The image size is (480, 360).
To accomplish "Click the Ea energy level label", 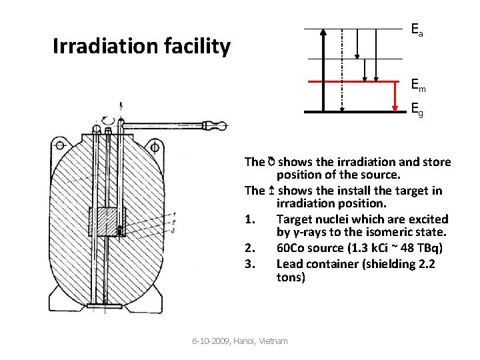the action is point(416,30).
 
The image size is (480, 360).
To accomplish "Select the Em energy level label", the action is point(418,85).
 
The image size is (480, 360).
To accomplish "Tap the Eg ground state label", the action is point(416,108).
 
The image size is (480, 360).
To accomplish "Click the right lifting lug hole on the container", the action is point(158,145).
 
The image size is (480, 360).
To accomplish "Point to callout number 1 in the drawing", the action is point(173,213).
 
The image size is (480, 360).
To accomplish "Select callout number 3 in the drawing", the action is point(173,230).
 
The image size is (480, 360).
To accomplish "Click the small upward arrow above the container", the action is point(121,107).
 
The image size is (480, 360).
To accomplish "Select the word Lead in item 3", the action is point(290,263).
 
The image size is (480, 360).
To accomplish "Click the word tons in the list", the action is point(291,277).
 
